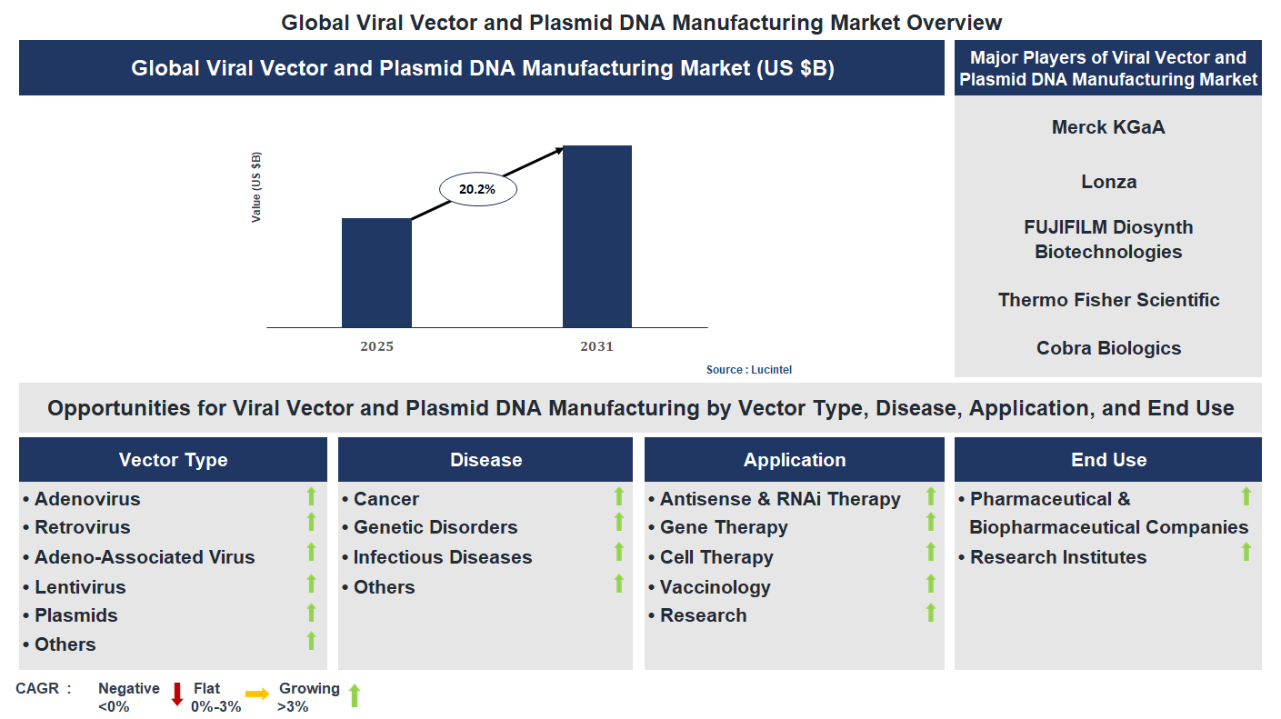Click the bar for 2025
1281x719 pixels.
[x=376, y=273]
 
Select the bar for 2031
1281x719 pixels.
[x=597, y=236]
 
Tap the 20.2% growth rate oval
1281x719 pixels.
[x=477, y=190]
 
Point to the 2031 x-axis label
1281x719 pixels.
[x=597, y=346]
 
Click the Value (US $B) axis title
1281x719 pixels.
[x=256, y=187]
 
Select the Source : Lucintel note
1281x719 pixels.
[x=743, y=370]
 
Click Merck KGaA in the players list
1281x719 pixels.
[x=1107, y=127]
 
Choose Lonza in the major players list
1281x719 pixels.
[x=1108, y=182]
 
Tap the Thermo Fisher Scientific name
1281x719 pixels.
[x=1108, y=300]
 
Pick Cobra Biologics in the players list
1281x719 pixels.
[x=1108, y=348]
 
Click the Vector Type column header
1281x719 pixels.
[x=173, y=460]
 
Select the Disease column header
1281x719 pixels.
[x=485, y=460]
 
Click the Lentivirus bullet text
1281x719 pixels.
[x=80, y=587]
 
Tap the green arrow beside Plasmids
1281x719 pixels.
[x=311, y=613]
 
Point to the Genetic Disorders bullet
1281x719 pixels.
[x=435, y=527]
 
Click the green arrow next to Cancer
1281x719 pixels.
[x=619, y=496]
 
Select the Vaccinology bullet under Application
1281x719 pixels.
[x=715, y=587]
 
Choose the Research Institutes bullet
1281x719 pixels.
[x=1058, y=557]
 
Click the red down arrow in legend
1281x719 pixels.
[x=177, y=694]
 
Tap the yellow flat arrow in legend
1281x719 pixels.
[x=257, y=694]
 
